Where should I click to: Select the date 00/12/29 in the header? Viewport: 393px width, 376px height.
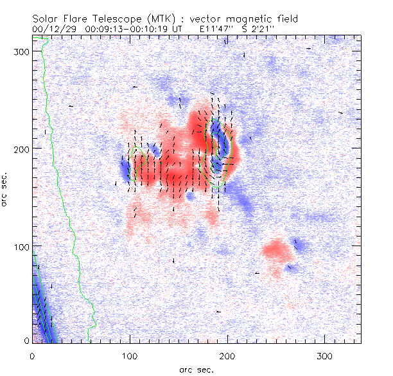pos(53,29)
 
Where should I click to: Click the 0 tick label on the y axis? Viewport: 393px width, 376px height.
pos(27,340)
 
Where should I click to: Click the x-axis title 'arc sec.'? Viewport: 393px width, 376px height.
pos(196,370)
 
